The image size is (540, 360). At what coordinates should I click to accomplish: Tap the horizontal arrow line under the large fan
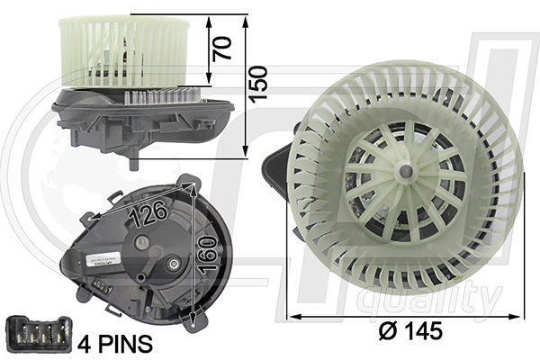tap(405, 316)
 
